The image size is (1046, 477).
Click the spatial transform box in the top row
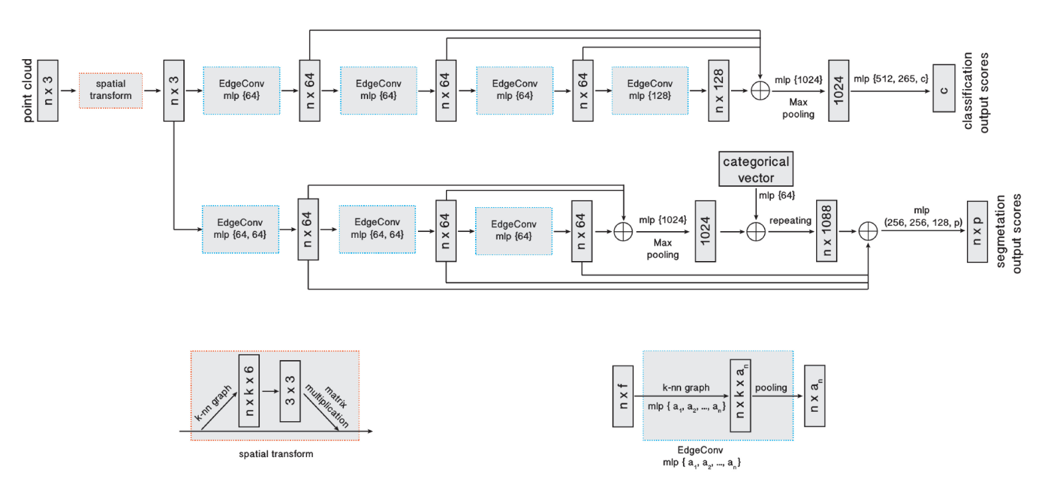(x=110, y=90)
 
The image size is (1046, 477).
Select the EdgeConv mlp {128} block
(x=649, y=90)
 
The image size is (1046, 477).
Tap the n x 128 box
(x=718, y=90)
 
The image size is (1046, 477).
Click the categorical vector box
(x=756, y=169)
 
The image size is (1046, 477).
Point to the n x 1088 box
(x=826, y=231)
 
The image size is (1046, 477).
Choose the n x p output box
(x=977, y=231)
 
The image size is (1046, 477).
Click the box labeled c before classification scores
(x=944, y=88)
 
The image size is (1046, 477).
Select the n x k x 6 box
(x=249, y=391)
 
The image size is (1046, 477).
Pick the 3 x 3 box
(x=290, y=391)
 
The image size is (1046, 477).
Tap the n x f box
(x=623, y=396)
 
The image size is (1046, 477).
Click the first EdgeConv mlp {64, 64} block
(x=240, y=229)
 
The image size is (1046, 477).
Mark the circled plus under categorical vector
(x=756, y=231)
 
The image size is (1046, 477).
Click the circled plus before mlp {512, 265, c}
(x=760, y=90)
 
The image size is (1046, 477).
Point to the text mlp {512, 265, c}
(x=890, y=78)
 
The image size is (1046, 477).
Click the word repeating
(x=790, y=221)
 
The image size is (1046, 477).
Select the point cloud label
(x=27, y=90)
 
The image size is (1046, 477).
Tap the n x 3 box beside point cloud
(x=48, y=90)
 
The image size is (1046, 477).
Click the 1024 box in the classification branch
(x=838, y=90)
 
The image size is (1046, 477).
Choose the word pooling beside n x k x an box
(x=771, y=387)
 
